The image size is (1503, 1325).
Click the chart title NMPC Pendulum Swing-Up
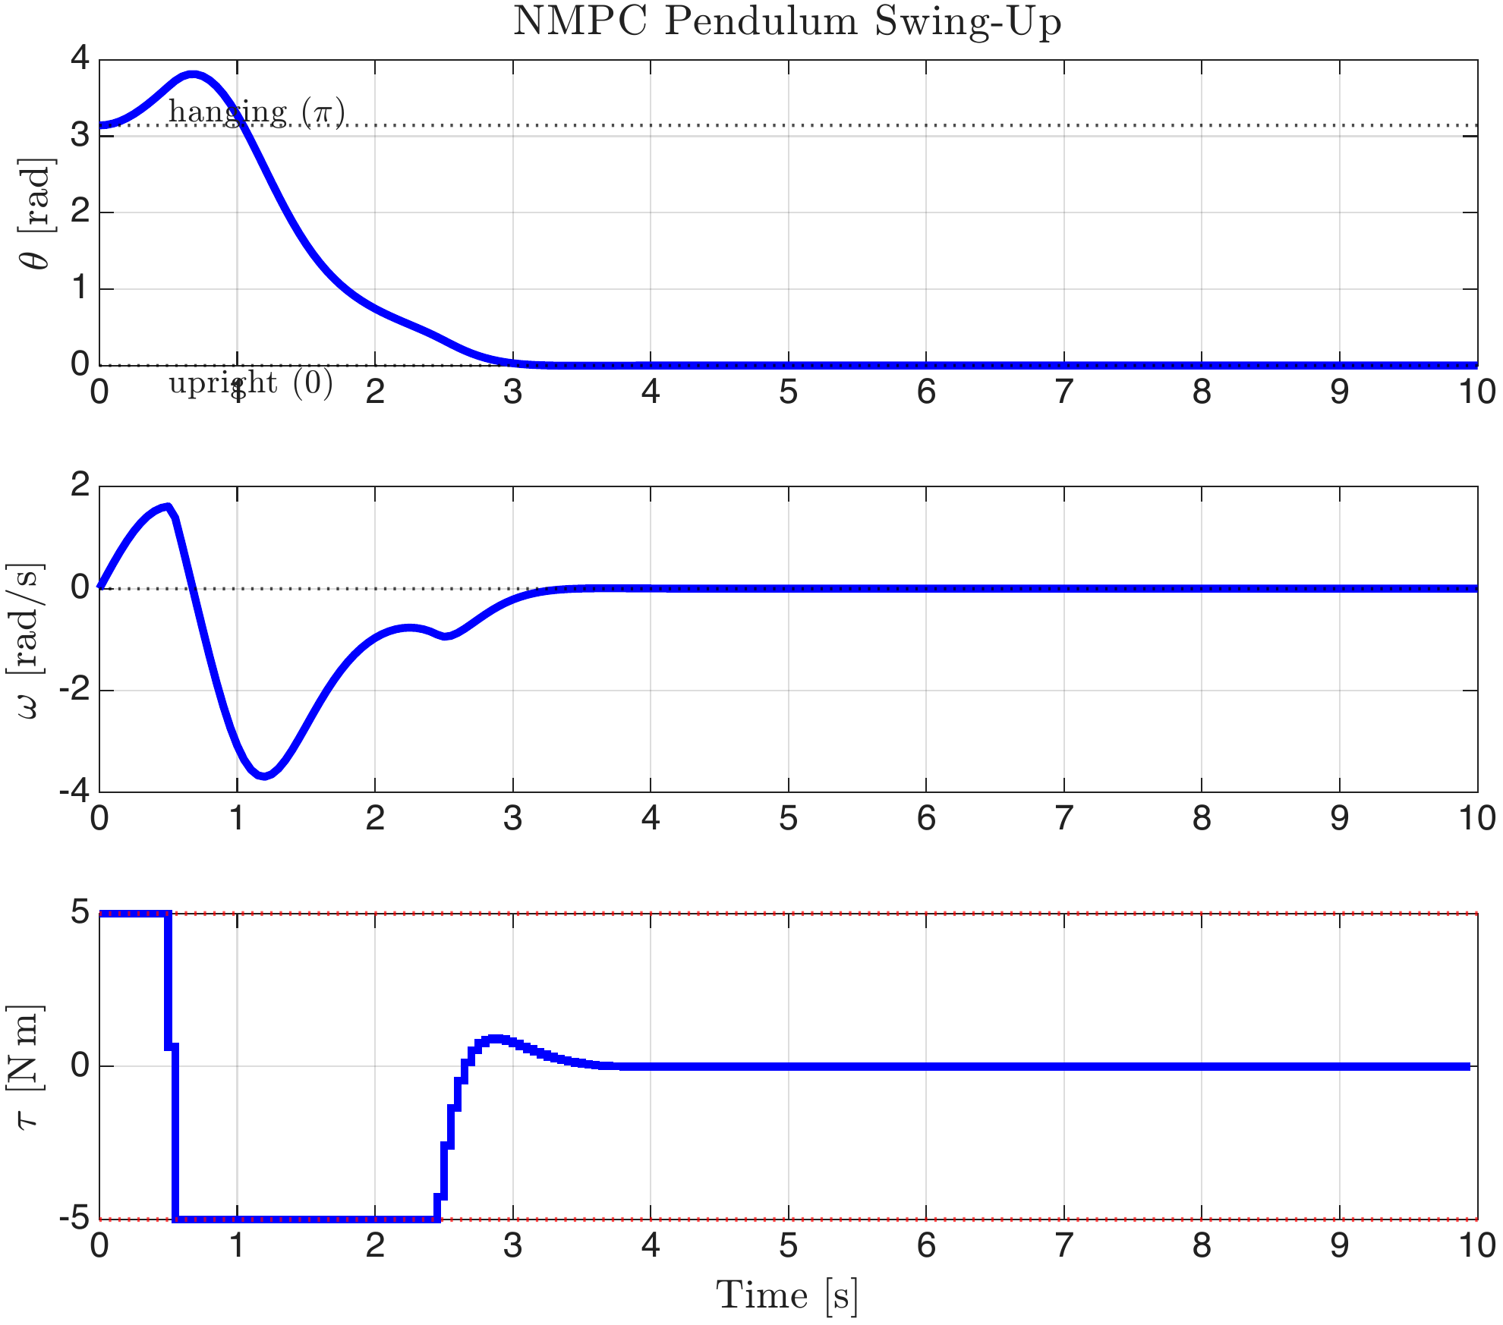point(787,21)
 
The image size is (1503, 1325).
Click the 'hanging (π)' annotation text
point(257,112)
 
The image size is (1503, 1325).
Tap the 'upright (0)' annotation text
point(250,383)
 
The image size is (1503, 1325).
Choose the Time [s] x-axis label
point(787,1295)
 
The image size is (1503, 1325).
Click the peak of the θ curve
point(194,74)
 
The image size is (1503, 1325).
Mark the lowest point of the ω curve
point(263,775)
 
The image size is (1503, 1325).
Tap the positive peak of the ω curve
point(168,507)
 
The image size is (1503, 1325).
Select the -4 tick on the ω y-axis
point(74,792)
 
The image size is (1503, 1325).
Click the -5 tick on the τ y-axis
point(74,1219)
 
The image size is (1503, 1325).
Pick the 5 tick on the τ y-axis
point(80,913)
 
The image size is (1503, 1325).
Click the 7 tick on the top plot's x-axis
point(1063,392)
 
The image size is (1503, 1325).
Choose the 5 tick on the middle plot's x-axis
point(788,819)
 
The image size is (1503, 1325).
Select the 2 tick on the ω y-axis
point(80,486)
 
